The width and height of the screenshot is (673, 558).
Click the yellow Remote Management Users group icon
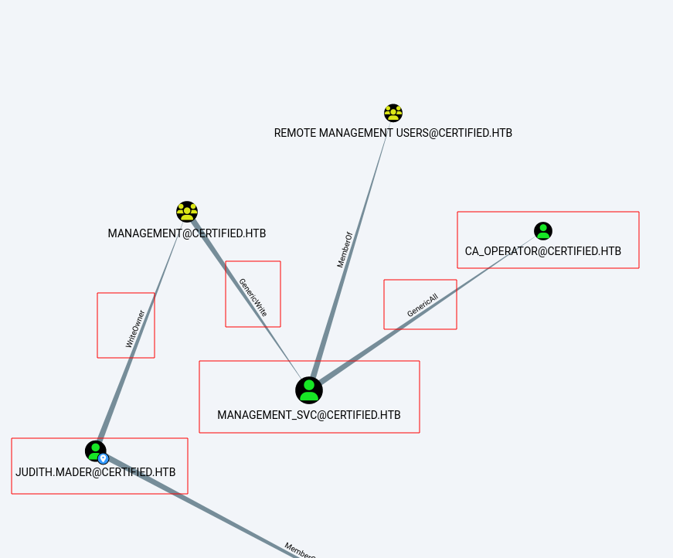(x=393, y=113)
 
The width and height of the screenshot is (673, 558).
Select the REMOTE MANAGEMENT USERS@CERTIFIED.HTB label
(x=393, y=133)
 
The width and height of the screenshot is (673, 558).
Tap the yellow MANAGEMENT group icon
(x=187, y=212)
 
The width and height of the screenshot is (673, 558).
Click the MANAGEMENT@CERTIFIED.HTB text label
(x=187, y=233)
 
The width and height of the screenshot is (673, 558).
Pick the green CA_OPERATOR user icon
(x=543, y=230)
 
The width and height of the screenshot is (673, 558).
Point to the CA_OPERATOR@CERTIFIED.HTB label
(x=542, y=251)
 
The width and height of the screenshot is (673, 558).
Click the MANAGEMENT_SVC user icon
(x=309, y=390)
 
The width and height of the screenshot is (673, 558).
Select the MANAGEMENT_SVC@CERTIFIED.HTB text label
(x=309, y=415)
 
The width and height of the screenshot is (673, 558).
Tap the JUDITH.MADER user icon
(x=95, y=451)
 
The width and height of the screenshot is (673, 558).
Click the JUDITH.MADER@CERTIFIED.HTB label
(x=96, y=471)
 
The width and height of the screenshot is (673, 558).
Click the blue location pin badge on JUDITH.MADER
(x=104, y=458)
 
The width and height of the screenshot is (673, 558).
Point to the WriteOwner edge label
(x=135, y=328)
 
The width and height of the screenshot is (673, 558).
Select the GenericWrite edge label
(x=253, y=298)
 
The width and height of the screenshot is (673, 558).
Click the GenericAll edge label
(x=422, y=305)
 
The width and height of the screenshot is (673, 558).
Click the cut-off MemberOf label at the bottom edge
(x=299, y=549)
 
